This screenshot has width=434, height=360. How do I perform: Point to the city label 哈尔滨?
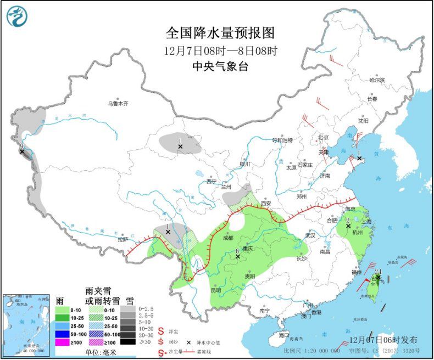click(x=377, y=80)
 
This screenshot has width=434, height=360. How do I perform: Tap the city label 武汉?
click(x=310, y=235)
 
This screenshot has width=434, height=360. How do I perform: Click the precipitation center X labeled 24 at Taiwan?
click(x=378, y=278)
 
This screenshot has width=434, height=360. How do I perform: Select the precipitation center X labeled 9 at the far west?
click(x=22, y=151)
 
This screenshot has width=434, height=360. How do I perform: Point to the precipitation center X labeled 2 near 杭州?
click(x=348, y=226)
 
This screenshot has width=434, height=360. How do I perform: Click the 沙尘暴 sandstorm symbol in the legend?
click(x=162, y=351)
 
